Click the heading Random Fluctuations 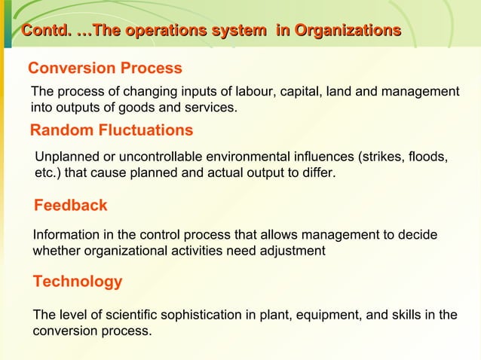click(111, 131)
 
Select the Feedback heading click(71, 205)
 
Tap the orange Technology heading click(77, 282)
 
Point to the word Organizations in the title click(348, 31)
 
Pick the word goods click(133, 108)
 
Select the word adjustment click(290, 252)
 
